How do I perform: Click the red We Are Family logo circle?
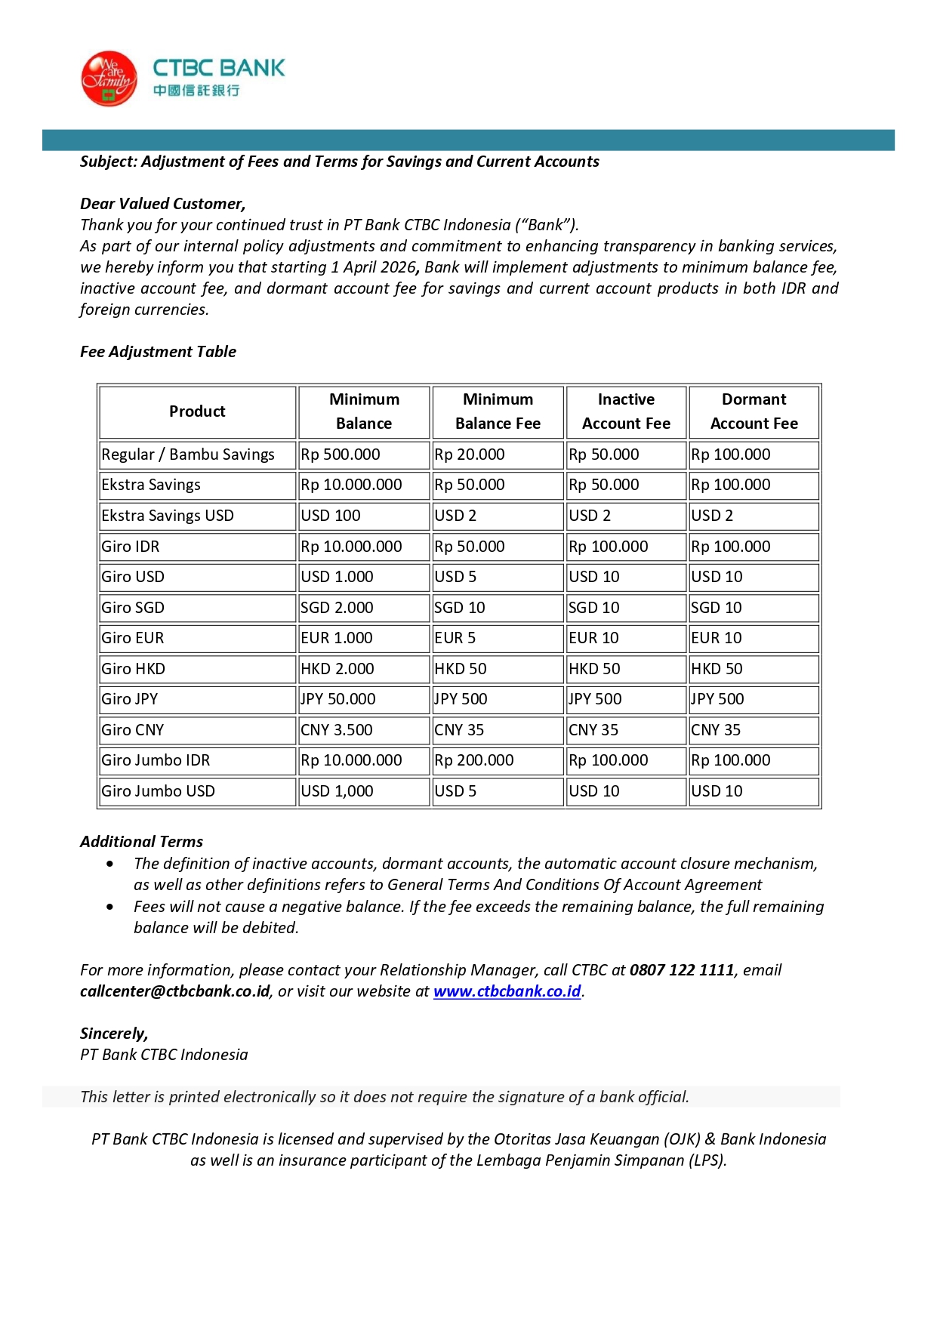pyautogui.click(x=109, y=79)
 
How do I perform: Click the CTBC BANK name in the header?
pyautogui.click(x=219, y=68)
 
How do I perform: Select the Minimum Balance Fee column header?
pyautogui.click(x=498, y=411)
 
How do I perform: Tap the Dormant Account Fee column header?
pyautogui.click(x=754, y=411)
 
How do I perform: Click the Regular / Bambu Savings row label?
pyautogui.click(x=188, y=455)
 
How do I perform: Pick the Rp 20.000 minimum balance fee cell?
pyautogui.click(x=470, y=455)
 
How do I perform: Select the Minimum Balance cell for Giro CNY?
pyautogui.click(x=337, y=730)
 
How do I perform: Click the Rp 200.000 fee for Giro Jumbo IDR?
pyautogui.click(x=474, y=760)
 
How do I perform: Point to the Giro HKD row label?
pyautogui.click(x=134, y=669)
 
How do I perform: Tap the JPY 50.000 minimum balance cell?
pyautogui.click(x=338, y=699)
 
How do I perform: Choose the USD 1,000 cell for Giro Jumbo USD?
pyautogui.click(x=337, y=791)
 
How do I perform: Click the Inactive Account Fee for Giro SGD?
pyautogui.click(x=594, y=608)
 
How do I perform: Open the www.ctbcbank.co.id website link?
pyautogui.click(x=507, y=991)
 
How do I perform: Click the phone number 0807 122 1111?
pyautogui.click(x=682, y=970)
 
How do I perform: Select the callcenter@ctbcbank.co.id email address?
pyautogui.click(x=175, y=991)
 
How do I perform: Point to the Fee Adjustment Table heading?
pyautogui.click(x=158, y=352)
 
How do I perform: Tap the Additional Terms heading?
pyautogui.click(x=141, y=842)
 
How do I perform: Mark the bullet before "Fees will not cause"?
pyautogui.click(x=111, y=907)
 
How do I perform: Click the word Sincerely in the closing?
pyautogui.click(x=113, y=1034)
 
